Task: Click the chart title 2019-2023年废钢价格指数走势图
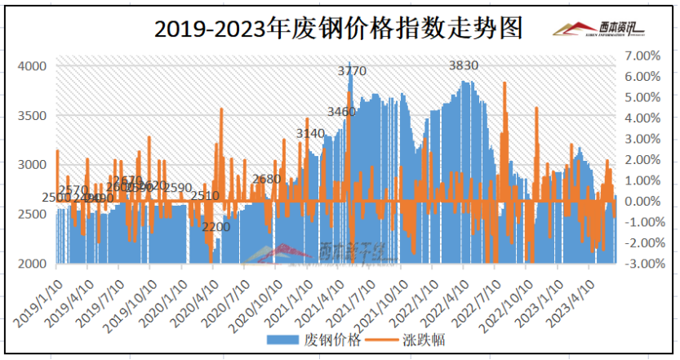(x=339, y=29)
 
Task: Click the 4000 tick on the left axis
(x=33, y=65)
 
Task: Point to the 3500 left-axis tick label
(x=33, y=115)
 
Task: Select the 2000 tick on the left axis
(x=33, y=264)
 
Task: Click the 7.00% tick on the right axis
(x=642, y=56)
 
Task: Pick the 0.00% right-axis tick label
(x=642, y=201)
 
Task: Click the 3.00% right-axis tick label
(x=642, y=139)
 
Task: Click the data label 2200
(x=216, y=226)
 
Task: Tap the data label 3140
(x=310, y=133)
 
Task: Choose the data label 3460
(x=341, y=112)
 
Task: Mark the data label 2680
(x=266, y=179)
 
